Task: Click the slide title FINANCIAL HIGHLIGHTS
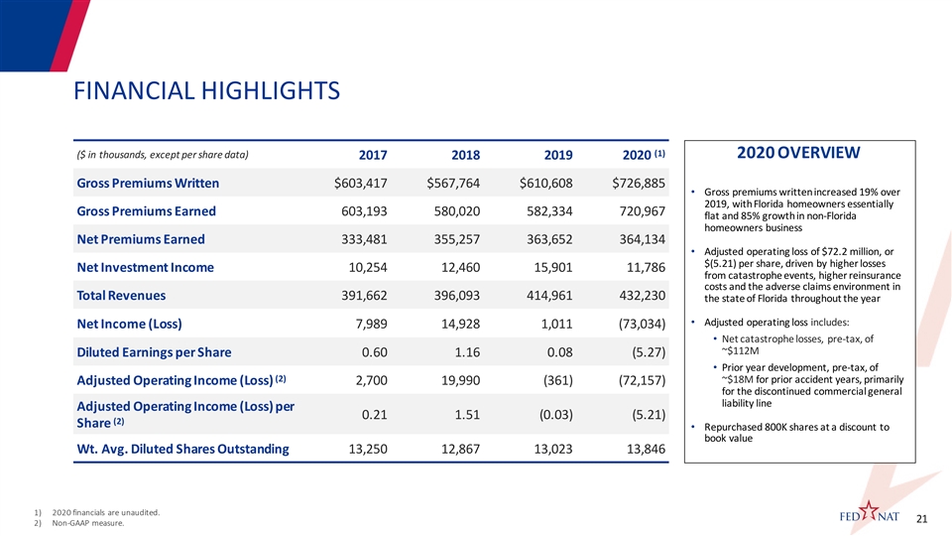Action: (207, 91)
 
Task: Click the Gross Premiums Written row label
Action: (148, 184)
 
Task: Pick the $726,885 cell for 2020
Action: (632, 184)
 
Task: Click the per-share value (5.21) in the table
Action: (644, 414)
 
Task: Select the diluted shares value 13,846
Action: (640, 449)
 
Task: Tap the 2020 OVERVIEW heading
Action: (798, 153)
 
